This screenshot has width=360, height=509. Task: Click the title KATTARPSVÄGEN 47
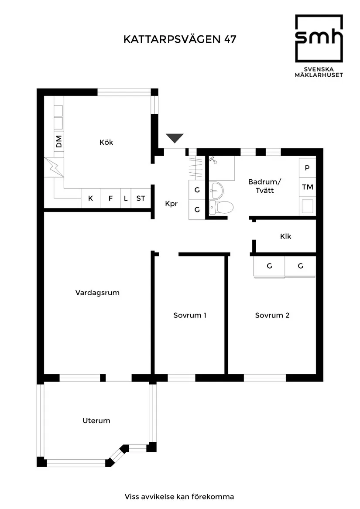click(x=180, y=40)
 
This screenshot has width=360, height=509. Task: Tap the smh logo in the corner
click(x=319, y=46)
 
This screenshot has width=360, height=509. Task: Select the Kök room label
click(x=106, y=142)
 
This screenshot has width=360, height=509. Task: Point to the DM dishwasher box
click(x=58, y=141)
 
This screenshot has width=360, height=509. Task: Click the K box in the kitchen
click(x=91, y=198)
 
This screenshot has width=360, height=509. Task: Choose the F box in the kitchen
click(x=110, y=198)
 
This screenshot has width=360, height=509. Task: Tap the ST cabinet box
click(x=140, y=198)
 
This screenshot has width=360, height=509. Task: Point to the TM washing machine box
click(x=308, y=187)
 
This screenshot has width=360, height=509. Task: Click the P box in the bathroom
click(x=308, y=168)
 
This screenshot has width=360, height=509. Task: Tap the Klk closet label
click(x=286, y=236)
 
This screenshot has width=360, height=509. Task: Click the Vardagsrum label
click(x=97, y=293)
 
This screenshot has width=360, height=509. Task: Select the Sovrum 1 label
click(x=190, y=315)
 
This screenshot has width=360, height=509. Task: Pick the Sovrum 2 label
click(x=272, y=315)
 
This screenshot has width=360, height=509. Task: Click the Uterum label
click(x=96, y=421)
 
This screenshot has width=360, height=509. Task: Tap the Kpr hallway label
click(x=171, y=204)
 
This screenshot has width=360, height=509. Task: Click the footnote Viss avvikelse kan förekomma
click(x=179, y=496)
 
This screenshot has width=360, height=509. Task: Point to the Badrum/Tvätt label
click(x=265, y=186)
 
